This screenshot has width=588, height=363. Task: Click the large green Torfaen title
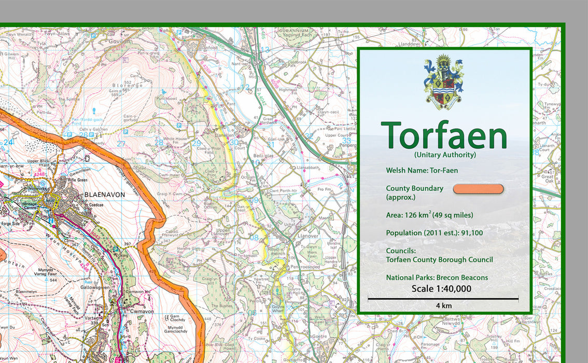tap(444, 136)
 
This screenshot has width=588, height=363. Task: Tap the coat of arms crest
tap(443, 82)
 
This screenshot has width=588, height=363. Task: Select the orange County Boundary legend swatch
tap(478, 189)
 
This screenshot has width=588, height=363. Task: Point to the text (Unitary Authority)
tap(444, 155)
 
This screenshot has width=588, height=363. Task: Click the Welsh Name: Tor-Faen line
tap(422, 170)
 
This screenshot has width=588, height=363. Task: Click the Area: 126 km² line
tap(429, 215)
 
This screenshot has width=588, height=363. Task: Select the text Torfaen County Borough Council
tap(439, 259)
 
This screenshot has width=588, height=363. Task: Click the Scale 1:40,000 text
tap(441, 288)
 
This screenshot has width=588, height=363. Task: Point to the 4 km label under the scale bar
tap(443, 305)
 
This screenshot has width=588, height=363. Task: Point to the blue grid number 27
tap(121, 144)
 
